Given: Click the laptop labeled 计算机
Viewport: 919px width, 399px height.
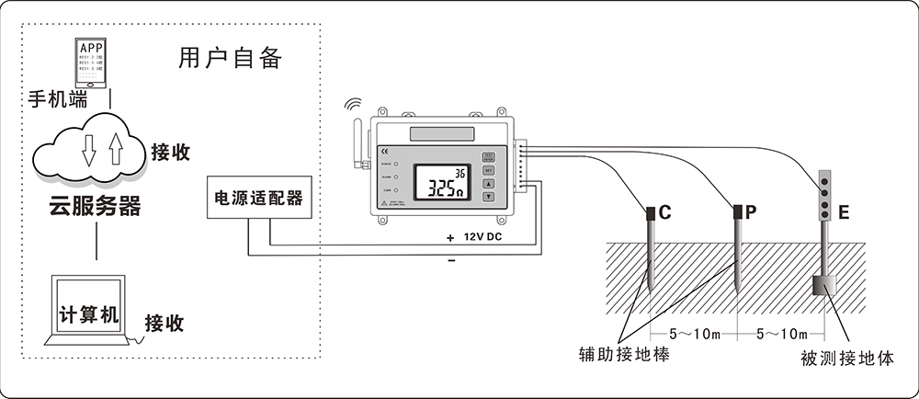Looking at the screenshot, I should (x=89, y=312).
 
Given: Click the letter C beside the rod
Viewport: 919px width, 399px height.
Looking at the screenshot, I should (x=665, y=213).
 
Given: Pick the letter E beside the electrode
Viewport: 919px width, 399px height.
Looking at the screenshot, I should (x=844, y=213).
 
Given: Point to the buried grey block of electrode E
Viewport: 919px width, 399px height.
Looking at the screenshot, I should (x=823, y=287).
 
